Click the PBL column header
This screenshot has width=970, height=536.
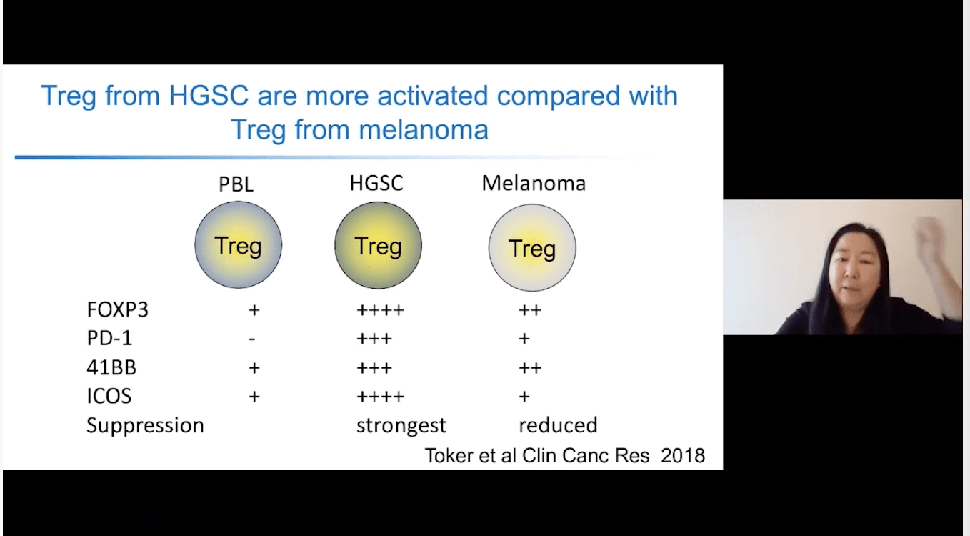tap(236, 184)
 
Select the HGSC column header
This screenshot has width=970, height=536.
tap(376, 183)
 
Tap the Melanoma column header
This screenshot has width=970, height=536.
tap(534, 183)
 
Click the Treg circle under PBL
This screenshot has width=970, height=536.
tap(238, 245)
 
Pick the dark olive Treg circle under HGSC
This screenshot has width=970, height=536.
tap(378, 245)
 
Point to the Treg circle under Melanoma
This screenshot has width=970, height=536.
tap(532, 247)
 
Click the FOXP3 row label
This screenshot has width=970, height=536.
tap(117, 310)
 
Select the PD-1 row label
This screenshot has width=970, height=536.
tap(109, 338)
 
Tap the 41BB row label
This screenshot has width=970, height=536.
tap(111, 367)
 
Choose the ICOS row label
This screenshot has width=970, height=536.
tap(109, 396)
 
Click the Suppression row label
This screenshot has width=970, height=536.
tap(145, 425)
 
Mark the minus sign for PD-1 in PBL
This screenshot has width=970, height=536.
tap(252, 339)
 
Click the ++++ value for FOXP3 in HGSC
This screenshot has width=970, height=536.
tap(380, 310)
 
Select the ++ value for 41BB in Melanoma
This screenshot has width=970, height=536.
tap(530, 368)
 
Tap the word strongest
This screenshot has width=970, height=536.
tap(401, 425)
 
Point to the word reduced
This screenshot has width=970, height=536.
tap(558, 425)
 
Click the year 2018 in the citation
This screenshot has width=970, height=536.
tap(683, 456)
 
